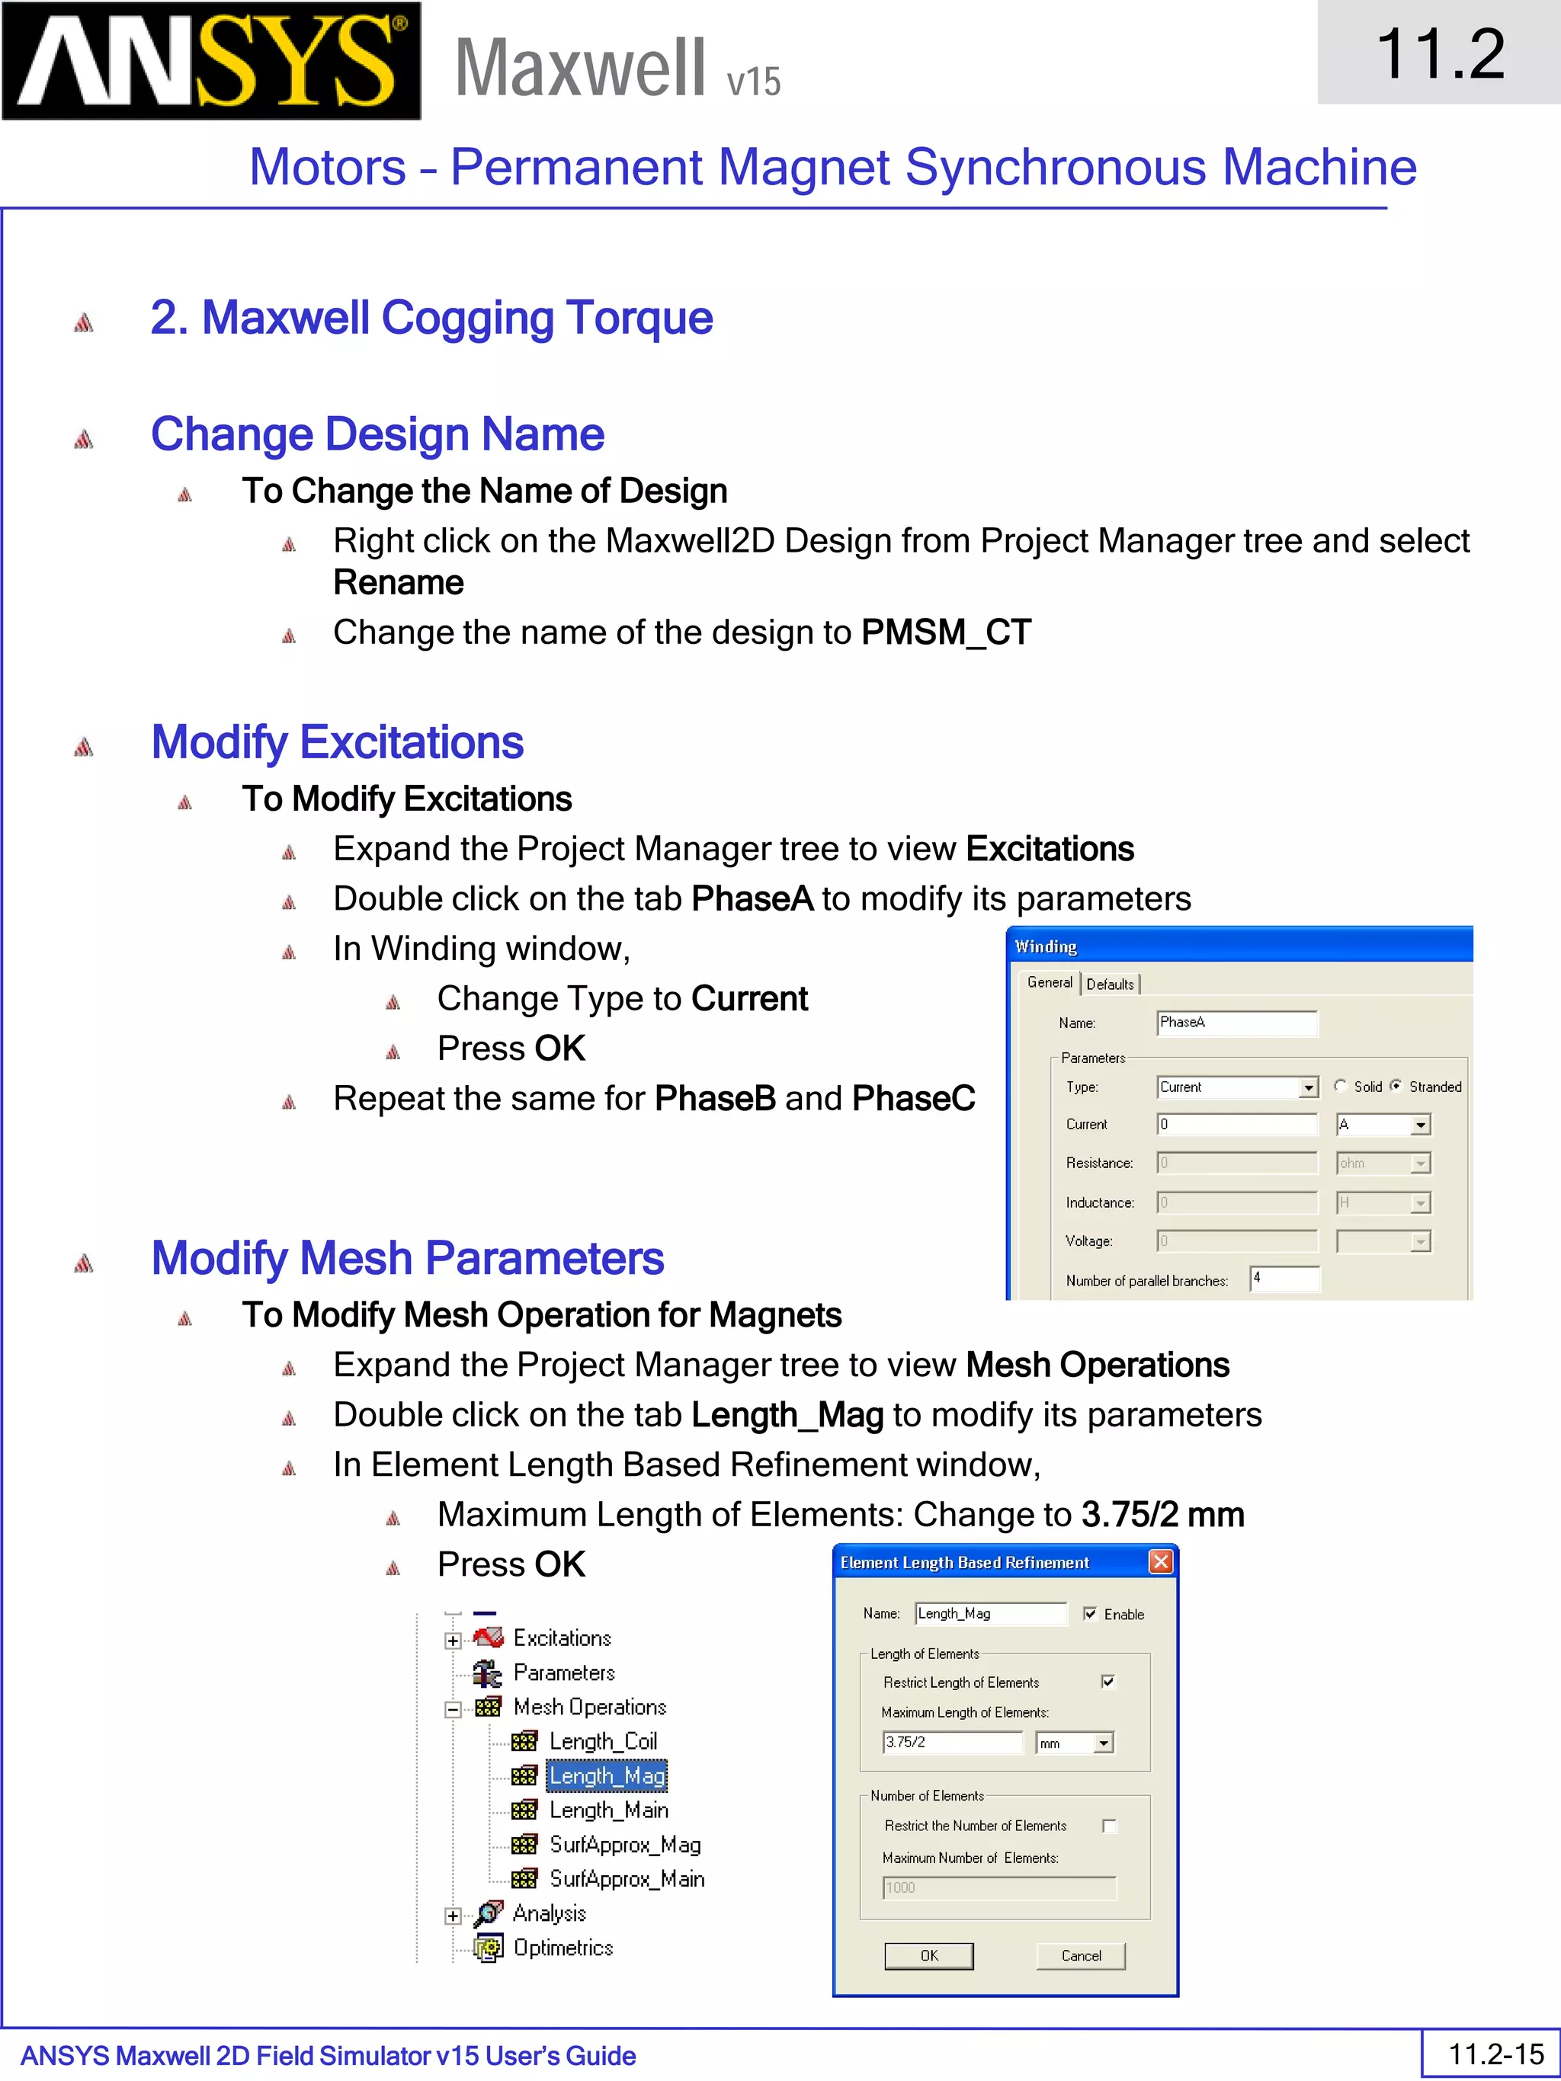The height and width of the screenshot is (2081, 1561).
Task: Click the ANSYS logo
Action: [212, 61]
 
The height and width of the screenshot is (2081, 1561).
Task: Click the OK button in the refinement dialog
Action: [928, 1956]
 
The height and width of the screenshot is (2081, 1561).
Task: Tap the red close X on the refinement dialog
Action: [1161, 1561]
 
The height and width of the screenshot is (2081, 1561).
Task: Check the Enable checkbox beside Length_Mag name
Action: [1090, 1613]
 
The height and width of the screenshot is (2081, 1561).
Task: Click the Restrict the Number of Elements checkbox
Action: [1109, 1826]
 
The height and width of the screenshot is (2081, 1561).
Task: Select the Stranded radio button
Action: [1396, 1086]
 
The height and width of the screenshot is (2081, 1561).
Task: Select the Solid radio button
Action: [1340, 1086]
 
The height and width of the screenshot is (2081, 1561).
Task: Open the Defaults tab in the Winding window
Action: [1111, 984]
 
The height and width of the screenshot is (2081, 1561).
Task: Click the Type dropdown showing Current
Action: [1236, 1087]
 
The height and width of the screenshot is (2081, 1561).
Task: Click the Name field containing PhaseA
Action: [1236, 1023]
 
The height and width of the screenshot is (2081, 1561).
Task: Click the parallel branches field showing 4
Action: [1284, 1279]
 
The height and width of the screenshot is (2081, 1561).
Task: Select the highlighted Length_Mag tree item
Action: [607, 1775]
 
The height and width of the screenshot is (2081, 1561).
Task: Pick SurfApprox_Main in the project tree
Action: [627, 1879]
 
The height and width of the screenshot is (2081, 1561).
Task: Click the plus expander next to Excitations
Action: [453, 1641]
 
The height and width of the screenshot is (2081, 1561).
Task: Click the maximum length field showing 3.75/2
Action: [952, 1743]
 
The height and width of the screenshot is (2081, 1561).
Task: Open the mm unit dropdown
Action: [1075, 1743]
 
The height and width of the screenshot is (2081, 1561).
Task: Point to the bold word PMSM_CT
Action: [946, 632]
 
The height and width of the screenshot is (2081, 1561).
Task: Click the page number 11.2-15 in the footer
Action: [1496, 2054]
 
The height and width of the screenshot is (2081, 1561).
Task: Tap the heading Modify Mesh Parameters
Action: [408, 1258]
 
